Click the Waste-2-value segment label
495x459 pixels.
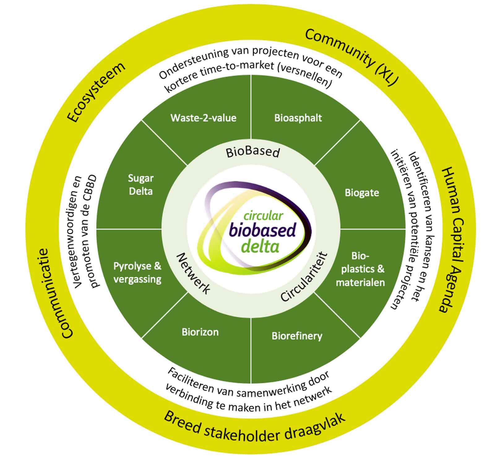point(203,118)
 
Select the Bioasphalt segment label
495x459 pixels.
point(298,118)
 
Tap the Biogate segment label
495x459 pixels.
point(362,193)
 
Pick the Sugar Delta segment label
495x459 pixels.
point(141,185)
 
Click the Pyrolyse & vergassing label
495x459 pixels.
point(137,272)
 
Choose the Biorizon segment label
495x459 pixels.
point(200,332)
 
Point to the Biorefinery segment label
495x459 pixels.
point(297,336)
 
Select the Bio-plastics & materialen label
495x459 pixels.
point(360,269)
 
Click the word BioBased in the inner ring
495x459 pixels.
point(253,152)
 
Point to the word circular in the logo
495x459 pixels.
point(263,216)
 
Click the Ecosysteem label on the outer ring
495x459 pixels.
point(96,92)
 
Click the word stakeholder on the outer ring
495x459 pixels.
point(242,434)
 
